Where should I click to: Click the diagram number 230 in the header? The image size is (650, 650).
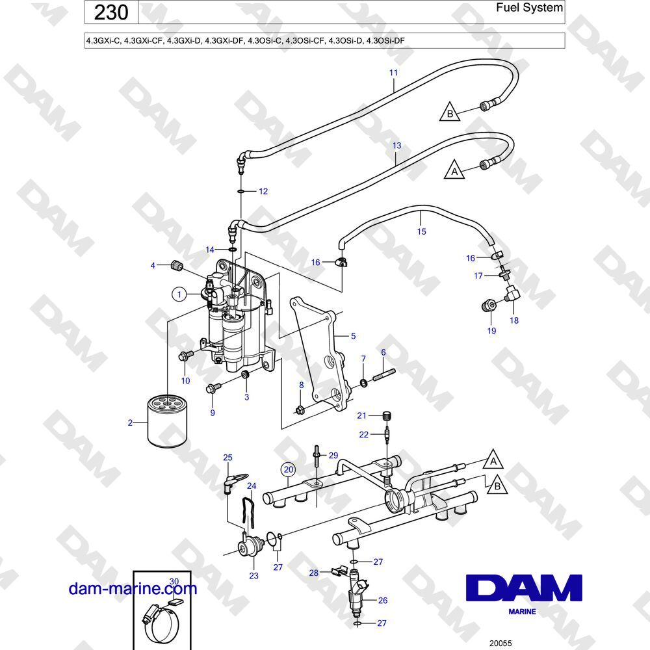[x=110, y=12]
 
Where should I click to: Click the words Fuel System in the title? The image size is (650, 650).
[x=529, y=7]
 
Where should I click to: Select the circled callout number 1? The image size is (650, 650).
[x=179, y=294]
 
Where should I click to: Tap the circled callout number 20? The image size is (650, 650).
[x=289, y=470]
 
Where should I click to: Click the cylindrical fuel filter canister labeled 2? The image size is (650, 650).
[x=167, y=421]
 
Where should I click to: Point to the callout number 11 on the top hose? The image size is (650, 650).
[x=393, y=73]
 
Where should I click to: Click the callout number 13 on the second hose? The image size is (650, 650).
[x=396, y=146]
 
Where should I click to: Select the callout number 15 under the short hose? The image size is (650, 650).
[x=422, y=231]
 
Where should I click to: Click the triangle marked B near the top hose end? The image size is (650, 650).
[x=450, y=111]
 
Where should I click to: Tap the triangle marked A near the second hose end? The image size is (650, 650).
[x=454, y=170]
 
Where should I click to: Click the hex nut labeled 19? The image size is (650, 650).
[x=489, y=306]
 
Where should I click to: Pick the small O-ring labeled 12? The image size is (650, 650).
[x=241, y=191]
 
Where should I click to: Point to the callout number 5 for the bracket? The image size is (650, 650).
[x=353, y=336]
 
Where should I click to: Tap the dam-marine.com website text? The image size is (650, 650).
[x=133, y=589]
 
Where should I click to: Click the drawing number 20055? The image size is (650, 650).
[x=500, y=643]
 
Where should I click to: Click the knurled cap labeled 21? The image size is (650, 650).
[x=387, y=415]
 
